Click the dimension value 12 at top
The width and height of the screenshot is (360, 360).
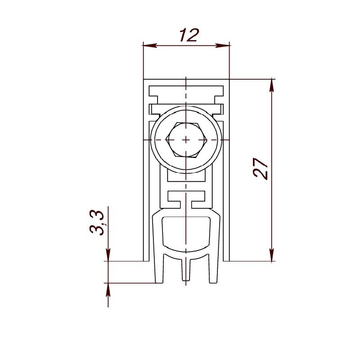[x=189, y=36]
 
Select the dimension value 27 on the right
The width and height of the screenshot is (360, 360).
[x=261, y=168]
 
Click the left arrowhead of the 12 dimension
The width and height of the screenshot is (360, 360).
[x=150, y=45]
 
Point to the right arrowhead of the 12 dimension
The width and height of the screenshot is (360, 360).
[x=222, y=45]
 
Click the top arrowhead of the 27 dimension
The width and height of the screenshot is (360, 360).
[x=272, y=86]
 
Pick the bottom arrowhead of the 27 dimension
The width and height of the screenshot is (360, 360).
[x=272, y=254]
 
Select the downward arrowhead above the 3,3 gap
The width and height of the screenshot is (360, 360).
[x=108, y=254]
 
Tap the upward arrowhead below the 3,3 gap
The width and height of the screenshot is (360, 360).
[x=108, y=290]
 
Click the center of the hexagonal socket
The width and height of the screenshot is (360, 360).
[x=186, y=139]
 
